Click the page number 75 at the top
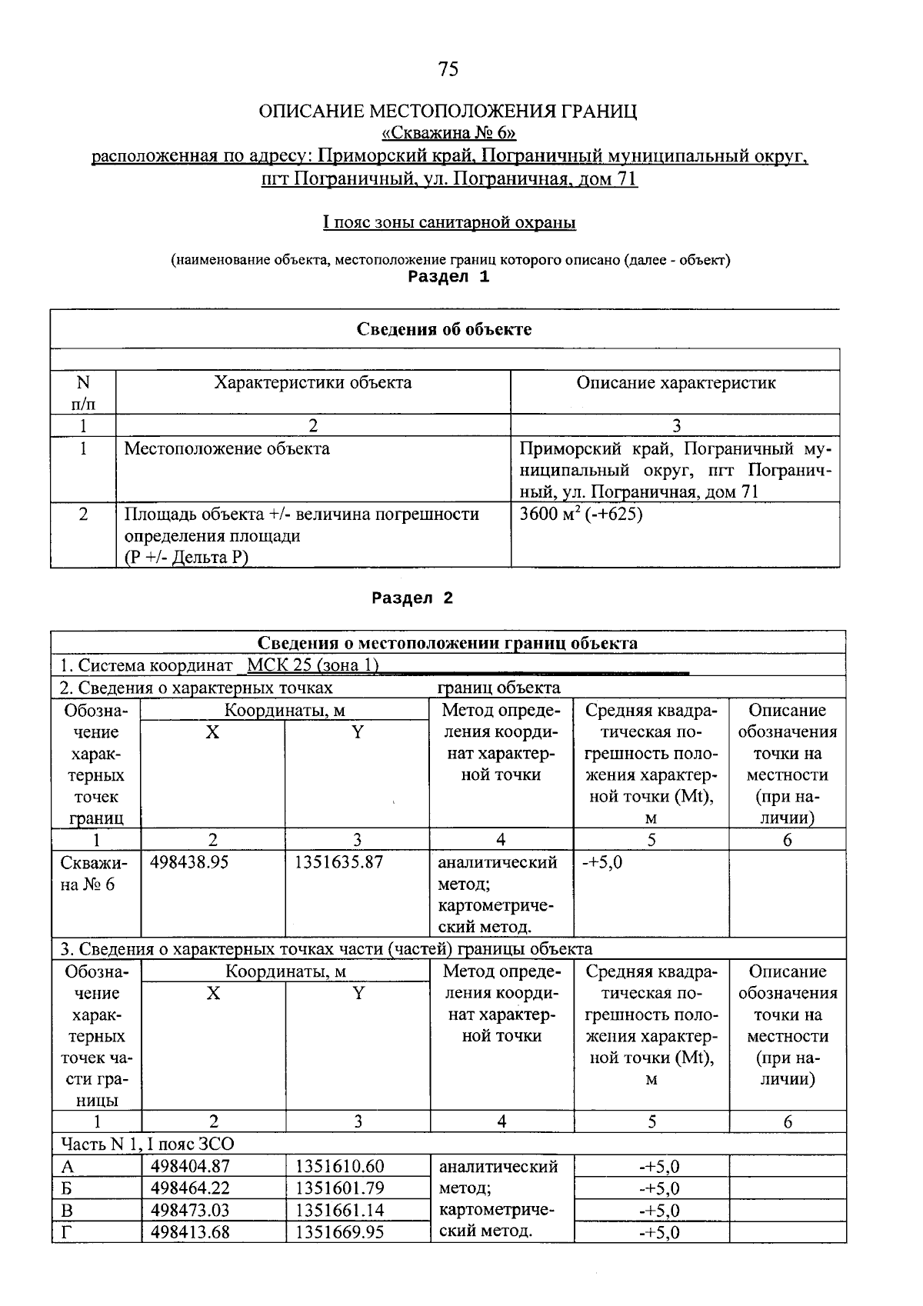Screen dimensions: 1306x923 [x=448, y=70]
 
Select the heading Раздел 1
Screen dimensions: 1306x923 [x=448, y=278]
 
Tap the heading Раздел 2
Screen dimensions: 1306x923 [x=413, y=598]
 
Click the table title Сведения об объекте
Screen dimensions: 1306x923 [x=444, y=330]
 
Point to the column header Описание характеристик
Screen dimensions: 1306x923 [x=675, y=383]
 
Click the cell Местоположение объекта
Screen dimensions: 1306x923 [x=227, y=449]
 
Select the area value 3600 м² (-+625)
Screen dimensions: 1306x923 [x=581, y=514]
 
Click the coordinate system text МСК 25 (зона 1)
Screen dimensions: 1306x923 [x=313, y=665]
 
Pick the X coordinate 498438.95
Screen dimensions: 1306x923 [x=189, y=862]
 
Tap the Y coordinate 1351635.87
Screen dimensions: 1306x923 [x=338, y=862]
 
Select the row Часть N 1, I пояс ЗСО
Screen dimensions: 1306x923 [x=147, y=1143]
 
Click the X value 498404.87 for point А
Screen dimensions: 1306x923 [x=190, y=1167]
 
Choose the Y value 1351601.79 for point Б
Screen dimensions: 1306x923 [x=339, y=1188]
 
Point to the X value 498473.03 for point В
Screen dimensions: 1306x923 [x=190, y=1210]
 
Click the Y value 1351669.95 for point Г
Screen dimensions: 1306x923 [x=339, y=1232]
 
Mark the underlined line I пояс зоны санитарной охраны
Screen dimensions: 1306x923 [x=448, y=223]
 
